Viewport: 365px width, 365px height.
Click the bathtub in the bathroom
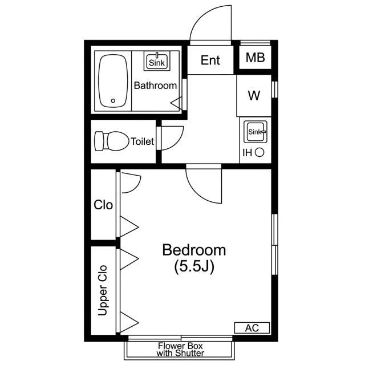[x=113, y=81]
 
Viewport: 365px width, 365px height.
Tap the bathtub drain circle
[x=113, y=101]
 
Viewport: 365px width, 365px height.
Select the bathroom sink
[x=157, y=61]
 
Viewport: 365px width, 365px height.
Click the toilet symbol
[x=111, y=141]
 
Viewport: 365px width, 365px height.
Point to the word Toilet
[x=142, y=141]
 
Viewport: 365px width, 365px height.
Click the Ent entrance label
[x=210, y=60]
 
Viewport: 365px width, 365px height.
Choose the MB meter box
[x=255, y=58]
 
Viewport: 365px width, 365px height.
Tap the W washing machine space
[x=254, y=95]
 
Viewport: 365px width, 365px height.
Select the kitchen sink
[x=255, y=132]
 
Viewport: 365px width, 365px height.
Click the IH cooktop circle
[x=259, y=153]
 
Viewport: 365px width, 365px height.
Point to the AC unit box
[x=252, y=328]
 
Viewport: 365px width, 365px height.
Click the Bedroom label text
[x=194, y=250]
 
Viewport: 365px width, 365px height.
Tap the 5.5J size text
[x=194, y=267]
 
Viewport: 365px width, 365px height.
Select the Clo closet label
[x=103, y=205]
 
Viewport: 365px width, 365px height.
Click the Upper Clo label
[x=103, y=290]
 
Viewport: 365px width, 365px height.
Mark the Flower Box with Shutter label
[x=180, y=349]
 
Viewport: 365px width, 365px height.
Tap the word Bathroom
[x=155, y=86]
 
